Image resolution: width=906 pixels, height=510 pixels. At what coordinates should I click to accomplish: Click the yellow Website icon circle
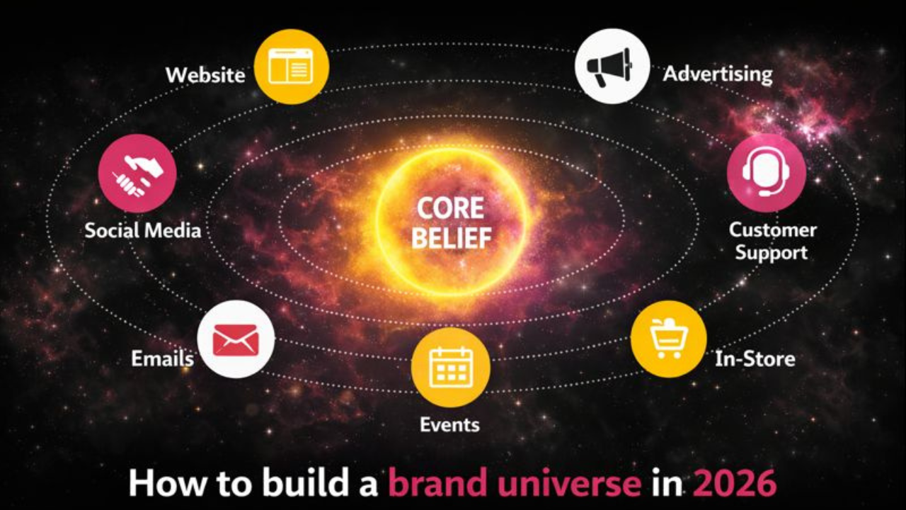pos(291,67)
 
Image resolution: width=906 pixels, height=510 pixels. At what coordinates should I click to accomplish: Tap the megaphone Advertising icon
pos(612,67)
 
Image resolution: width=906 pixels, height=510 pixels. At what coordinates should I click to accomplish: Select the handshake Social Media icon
pos(137,174)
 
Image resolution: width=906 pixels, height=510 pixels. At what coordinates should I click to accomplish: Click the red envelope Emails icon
pos(236,339)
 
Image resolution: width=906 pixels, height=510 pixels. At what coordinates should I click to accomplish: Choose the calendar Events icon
pos(451,367)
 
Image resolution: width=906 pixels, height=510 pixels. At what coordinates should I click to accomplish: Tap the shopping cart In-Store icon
pos(668,339)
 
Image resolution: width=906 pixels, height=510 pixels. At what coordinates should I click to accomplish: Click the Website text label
pos(205,75)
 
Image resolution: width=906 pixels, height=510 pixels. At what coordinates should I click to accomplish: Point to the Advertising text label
pos(717,74)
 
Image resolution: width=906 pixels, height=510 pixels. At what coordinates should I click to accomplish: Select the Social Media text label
pos(142,230)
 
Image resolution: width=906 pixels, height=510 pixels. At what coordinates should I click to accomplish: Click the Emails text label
pos(162,358)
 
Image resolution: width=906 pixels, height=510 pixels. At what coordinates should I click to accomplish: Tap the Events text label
pos(449,425)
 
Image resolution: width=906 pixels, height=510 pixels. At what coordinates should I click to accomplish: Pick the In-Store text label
pos(755,359)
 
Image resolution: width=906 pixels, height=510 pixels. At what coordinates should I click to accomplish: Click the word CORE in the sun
pos(451,209)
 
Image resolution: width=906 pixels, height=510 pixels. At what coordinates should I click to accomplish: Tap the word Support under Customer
pos(771,253)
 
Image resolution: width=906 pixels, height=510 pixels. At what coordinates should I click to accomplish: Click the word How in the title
pos(161,483)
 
